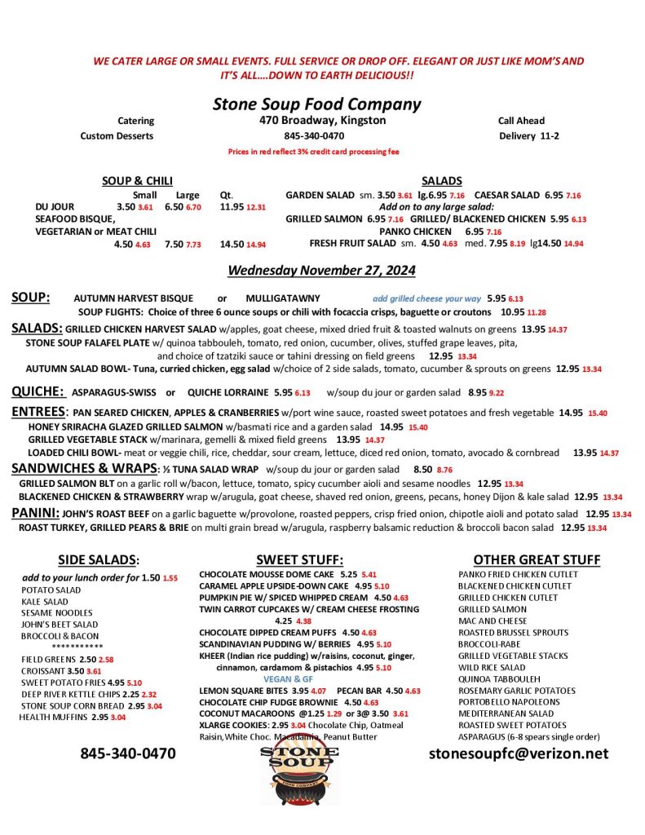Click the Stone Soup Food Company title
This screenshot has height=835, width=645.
(x=316, y=104)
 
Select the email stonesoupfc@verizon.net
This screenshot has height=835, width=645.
(x=519, y=753)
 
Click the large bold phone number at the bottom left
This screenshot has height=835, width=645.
(x=127, y=753)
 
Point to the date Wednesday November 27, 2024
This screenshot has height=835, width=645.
(x=321, y=270)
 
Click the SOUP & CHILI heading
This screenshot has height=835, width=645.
(x=137, y=181)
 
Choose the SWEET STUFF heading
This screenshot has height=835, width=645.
(x=299, y=559)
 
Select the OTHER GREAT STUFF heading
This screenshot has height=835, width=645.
(x=537, y=559)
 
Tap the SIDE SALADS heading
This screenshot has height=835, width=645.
(x=99, y=559)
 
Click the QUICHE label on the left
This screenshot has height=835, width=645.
(x=38, y=391)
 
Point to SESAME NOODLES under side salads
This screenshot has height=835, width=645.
(x=57, y=612)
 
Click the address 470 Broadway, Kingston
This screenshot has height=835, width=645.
(x=317, y=121)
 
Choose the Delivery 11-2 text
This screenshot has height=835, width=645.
(x=528, y=136)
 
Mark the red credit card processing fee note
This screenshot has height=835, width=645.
(x=313, y=152)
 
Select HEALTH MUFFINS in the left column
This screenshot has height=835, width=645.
(x=54, y=717)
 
